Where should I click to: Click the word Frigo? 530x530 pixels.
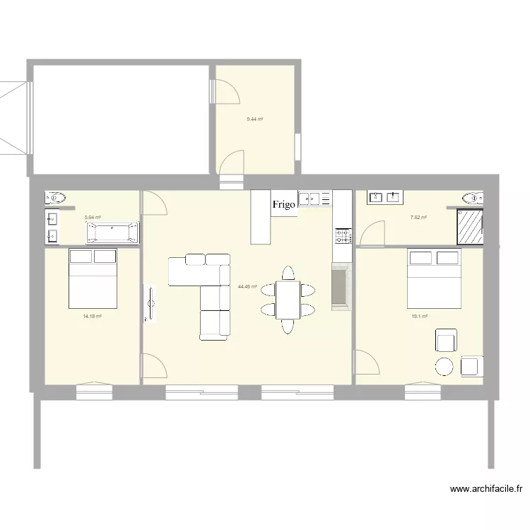[284, 205]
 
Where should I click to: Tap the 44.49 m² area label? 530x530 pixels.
[247, 286]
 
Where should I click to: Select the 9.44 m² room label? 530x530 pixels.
[254, 119]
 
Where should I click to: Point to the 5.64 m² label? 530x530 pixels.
[93, 218]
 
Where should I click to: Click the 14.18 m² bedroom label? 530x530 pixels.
[93, 317]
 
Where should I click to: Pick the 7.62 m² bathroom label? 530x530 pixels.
[418, 218]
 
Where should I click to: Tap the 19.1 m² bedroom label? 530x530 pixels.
[420, 317]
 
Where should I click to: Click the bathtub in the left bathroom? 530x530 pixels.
[112, 233]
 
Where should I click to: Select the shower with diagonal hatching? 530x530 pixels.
[470, 225]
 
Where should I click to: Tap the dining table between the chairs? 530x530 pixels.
[288, 300]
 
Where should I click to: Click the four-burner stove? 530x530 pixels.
[343, 235]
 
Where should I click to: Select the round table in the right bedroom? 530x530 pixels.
[444, 366]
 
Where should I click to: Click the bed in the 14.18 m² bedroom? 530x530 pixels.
[93, 278]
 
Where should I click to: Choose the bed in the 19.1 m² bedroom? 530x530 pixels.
[434, 278]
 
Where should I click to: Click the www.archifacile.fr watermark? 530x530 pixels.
[485, 488]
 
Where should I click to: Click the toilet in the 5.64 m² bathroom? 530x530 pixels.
[56, 198]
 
